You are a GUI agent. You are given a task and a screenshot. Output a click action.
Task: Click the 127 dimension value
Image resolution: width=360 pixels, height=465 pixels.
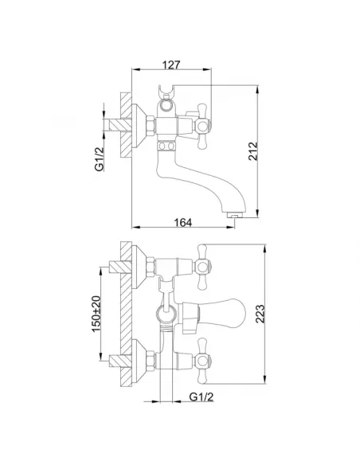(x=171, y=64)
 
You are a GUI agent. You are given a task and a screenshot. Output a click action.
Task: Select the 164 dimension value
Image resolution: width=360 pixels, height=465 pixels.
(x=182, y=222)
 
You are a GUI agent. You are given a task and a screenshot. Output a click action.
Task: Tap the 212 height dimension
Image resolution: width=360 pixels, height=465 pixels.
(x=253, y=151)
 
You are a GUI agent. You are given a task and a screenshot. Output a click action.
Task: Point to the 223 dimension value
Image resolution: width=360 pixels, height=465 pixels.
(x=260, y=314)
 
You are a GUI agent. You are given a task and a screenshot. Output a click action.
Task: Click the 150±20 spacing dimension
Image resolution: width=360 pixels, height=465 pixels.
(x=96, y=314)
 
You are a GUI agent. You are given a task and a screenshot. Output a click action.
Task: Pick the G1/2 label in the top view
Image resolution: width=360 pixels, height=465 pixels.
(x=100, y=159)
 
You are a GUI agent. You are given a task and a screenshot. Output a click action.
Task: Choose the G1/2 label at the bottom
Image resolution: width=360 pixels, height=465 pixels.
(x=202, y=397)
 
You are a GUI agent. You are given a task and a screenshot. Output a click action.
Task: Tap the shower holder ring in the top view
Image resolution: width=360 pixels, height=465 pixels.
(x=166, y=104)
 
